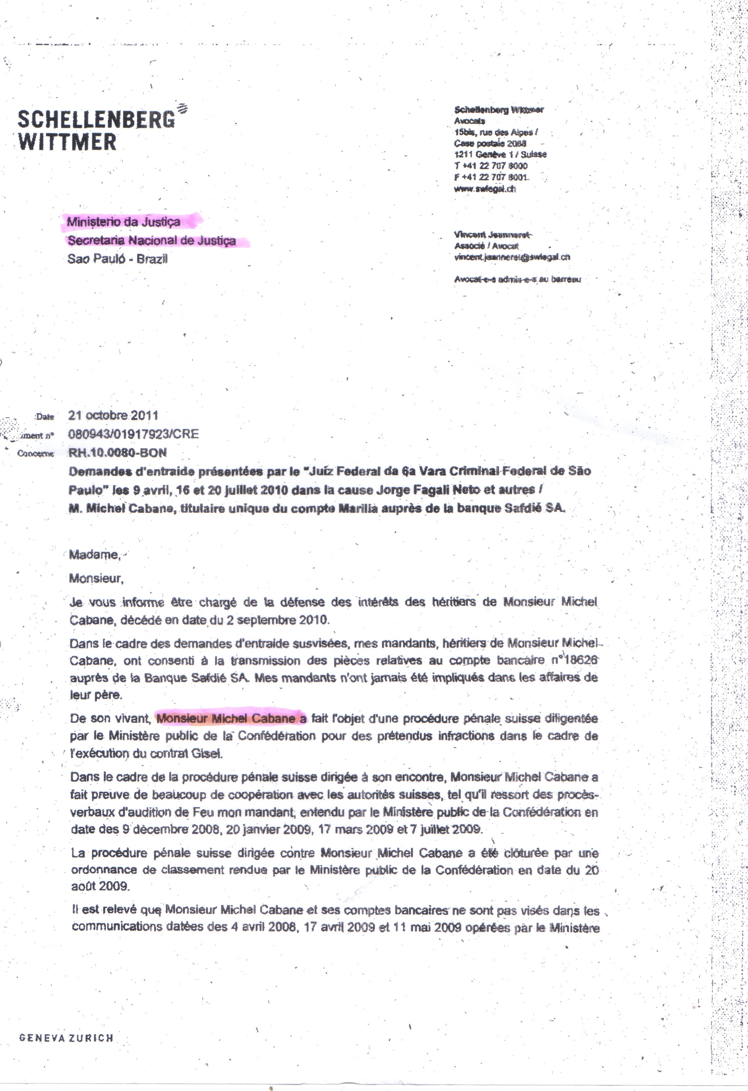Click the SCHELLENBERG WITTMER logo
96,130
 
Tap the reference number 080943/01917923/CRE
133,434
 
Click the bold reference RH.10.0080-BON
117,453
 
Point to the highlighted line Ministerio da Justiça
123,221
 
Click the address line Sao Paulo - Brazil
117,259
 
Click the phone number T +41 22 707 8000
490,166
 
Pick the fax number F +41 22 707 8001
490,178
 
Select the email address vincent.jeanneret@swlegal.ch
511,257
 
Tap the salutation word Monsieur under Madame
96,578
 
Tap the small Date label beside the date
45,417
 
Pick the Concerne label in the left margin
36,454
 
